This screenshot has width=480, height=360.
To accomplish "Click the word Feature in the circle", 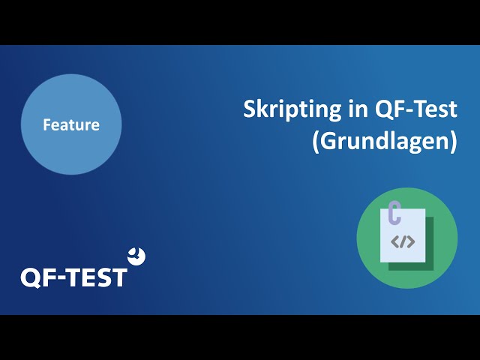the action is (71, 125).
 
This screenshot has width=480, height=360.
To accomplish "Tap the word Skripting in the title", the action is (292, 110).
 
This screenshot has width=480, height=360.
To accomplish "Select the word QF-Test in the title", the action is (416, 109).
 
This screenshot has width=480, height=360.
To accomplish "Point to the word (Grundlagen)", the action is (385, 142).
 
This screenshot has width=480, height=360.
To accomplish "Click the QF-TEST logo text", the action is (73, 277).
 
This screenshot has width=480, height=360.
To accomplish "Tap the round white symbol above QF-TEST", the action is (136, 256).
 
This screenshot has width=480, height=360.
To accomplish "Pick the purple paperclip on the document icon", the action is (394, 213).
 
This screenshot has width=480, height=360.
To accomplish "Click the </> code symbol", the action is (403, 241).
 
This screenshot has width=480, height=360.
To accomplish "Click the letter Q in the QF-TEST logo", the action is (31, 278).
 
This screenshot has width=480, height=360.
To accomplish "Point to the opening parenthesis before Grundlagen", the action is (316, 142).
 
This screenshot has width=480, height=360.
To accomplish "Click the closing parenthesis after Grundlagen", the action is (454, 142).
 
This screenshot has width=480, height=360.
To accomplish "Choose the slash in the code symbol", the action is (403, 241).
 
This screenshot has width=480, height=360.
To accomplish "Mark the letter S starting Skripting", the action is (250, 109).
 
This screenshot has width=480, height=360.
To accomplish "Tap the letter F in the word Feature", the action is (47, 124).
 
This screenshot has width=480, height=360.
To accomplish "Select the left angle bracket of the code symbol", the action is (395, 241).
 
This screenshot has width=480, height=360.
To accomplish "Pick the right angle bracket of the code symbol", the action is (411, 241).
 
